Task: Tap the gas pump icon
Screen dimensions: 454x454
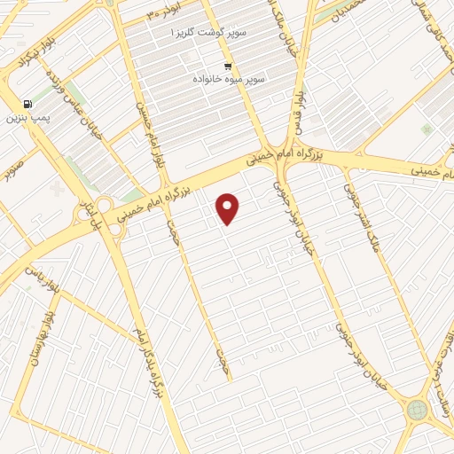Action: [27, 104]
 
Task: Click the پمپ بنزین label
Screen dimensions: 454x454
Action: [26, 117]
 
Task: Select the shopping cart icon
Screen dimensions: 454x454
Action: [229, 67]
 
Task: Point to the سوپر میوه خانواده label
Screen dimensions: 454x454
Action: [231, 79]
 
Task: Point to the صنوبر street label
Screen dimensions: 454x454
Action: [14, 169]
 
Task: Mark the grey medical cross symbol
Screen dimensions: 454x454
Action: [59, 189]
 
